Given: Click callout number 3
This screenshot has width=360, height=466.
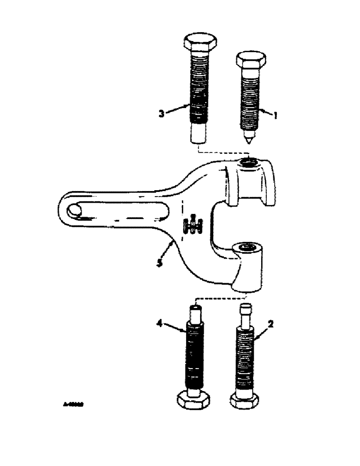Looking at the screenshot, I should [161, 114].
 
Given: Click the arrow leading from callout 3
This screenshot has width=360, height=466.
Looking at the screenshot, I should [178, 109].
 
